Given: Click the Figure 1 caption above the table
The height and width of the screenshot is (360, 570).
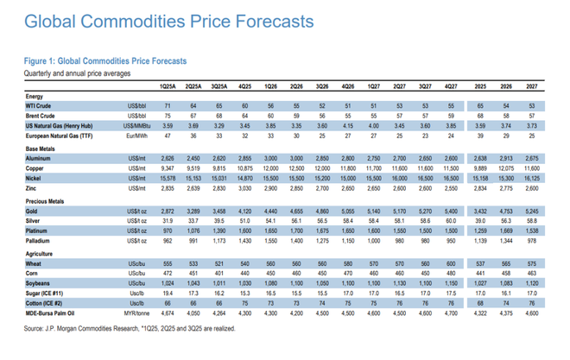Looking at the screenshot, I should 106,60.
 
